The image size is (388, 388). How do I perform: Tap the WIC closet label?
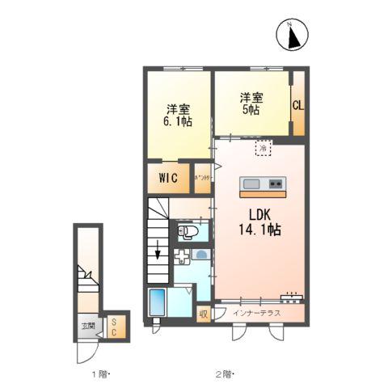169,176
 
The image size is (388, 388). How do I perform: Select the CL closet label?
297,104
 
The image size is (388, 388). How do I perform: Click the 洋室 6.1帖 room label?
179,116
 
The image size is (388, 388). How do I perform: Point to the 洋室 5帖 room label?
249,104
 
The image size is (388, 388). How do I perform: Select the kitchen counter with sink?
262,185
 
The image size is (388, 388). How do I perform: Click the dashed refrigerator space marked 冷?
264,149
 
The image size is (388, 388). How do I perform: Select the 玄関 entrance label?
86,327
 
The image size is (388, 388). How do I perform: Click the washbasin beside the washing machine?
202,255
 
